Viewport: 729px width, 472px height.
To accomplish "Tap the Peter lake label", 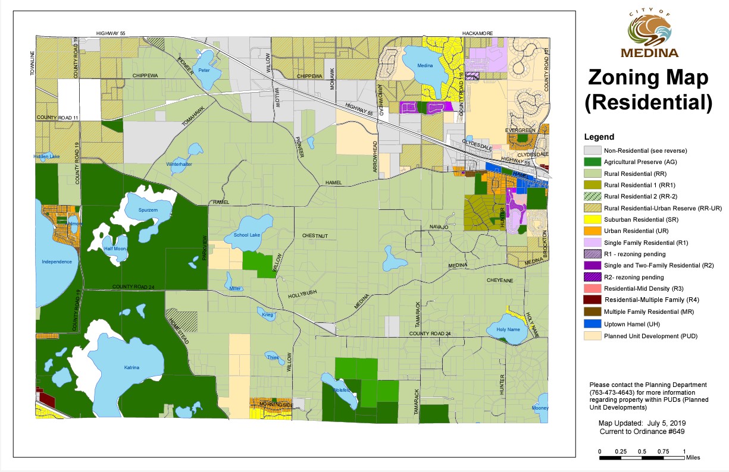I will (x=204, y=70).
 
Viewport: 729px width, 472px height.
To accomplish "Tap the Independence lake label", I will (x=57, y=262).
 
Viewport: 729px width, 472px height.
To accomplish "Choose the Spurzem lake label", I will (x=148, y=211).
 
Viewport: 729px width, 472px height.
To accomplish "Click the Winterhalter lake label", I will (x=178, y=164).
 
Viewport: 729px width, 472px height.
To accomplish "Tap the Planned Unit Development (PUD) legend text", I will (x=650, y=336).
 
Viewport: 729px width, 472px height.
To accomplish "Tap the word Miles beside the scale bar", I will (x=693, y=458).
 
